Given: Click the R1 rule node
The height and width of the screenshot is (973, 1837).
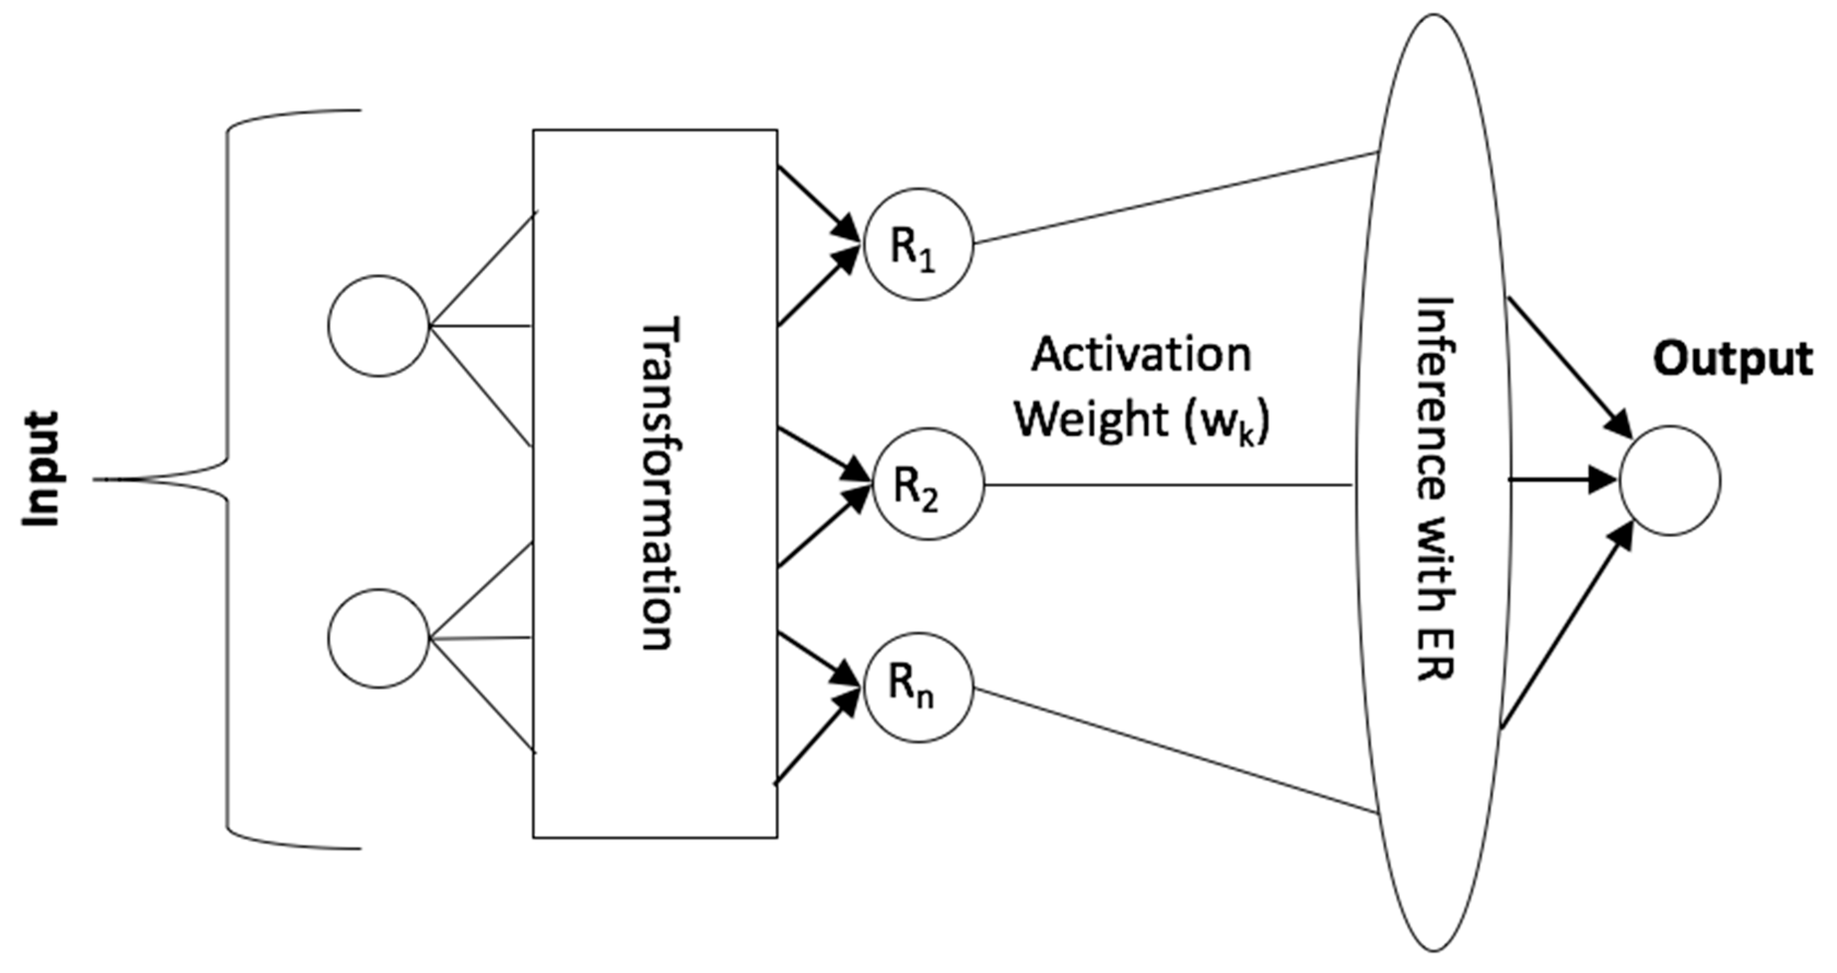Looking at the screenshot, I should coord(918,244).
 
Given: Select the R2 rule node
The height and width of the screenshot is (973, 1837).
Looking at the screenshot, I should coord(928,485).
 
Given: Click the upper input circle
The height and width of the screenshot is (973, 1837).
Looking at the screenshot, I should coord(379,325).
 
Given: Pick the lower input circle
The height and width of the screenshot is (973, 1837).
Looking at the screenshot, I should coord(379,638).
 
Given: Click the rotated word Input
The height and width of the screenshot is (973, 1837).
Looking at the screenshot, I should coord(41,469).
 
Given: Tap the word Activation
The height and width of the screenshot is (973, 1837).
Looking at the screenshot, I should coord(1141,355).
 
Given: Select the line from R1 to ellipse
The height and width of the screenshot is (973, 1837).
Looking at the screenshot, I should coord(1175,198).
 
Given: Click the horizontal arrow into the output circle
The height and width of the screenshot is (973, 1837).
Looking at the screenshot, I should coord(1562,480).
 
